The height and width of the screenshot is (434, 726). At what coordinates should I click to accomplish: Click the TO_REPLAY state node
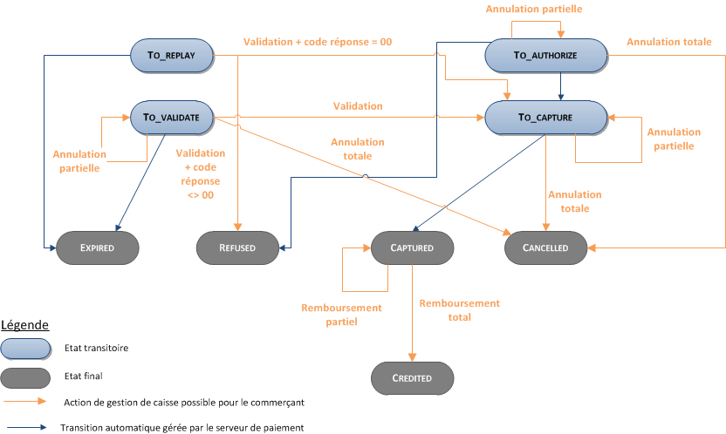(x=171, y=55)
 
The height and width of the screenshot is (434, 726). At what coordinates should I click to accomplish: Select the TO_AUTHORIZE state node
(x=546, y=55)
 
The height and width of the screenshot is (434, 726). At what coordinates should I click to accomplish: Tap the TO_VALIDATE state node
(x=172, y=117)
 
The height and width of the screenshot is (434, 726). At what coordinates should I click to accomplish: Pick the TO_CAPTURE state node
(x=545, y=117)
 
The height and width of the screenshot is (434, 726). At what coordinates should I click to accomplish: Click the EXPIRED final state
(x=97, y=248)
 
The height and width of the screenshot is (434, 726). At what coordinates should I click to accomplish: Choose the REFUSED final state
(x=237, y=248)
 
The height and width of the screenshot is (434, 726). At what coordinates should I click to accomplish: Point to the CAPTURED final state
(x=412, y=248)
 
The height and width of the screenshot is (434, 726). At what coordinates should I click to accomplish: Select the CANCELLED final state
(x=546, y=248)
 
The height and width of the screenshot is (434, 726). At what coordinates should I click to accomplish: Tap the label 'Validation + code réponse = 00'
(x=317, y=41)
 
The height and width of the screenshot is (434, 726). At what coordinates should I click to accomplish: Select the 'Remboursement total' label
(x=459, y=310)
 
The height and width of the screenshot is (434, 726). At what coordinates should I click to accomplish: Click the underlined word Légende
(x=24, y=324)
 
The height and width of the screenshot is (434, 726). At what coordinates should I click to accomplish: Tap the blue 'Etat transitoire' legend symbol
(x=25, y=348)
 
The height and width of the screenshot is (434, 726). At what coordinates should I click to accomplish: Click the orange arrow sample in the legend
(x=25, y=402)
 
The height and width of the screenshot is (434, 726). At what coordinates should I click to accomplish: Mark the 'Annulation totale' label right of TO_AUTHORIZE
(x=668, y=41)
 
